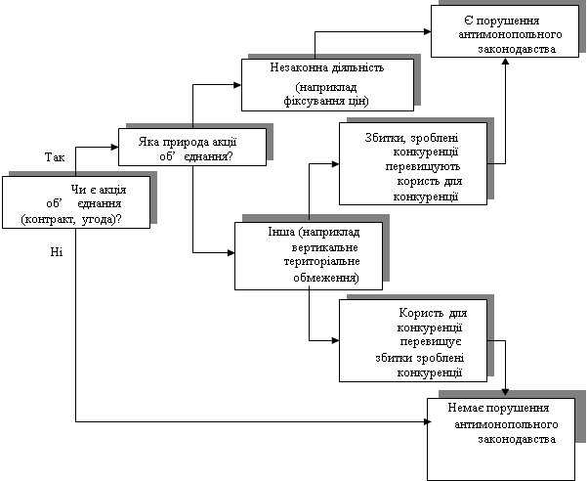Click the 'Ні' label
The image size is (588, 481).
coord(53,252)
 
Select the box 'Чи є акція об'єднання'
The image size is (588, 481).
coord(76,202)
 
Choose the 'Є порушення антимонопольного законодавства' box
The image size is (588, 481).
coord(505,33)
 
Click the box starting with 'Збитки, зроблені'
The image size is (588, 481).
coord(414,163)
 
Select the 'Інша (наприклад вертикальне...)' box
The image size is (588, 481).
coord(309,256)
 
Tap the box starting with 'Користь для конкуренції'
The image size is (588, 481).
coord(414,340)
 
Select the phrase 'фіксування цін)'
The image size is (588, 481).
coord(325,102)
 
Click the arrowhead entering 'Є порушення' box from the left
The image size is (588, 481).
coord(428,30)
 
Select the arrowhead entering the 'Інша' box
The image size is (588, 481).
coord(231,253)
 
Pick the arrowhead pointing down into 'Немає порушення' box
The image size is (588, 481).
coord(505,392)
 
